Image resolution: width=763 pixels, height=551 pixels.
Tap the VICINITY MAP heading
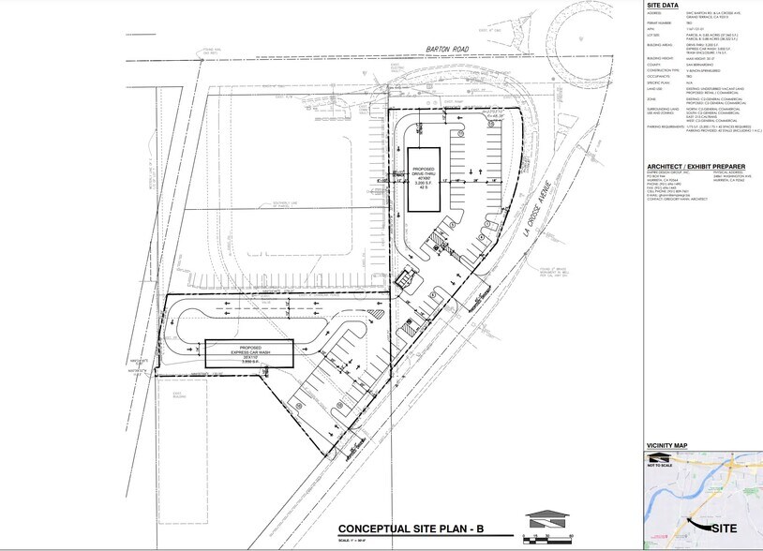pyautogui.click(x=667, y=445)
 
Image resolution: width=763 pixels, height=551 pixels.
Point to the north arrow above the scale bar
pyautogui.click(x=547, y=517)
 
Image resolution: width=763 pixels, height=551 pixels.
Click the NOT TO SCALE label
pyautogui.click(x=661, y=465)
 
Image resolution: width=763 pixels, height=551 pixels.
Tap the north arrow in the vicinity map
pyautogui.click(x=660, y=457)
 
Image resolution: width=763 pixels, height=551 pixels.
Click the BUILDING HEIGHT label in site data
pyautogui.click(x=656, y=56)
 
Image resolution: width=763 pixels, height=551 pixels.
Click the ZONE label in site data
pyautogui.click(x=650, y=96)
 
